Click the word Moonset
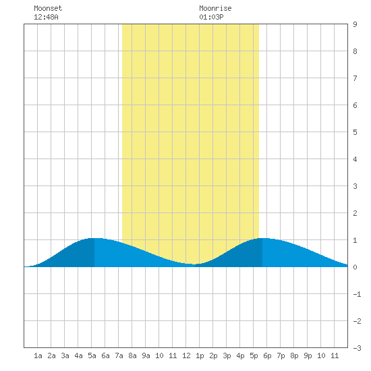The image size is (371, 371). (x=48, y=8)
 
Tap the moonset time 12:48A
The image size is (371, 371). (x=46, y=17)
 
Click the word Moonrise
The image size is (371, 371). (x=215, y=8)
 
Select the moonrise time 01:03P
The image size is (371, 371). (x=211, y=17)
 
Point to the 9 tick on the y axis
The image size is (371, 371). (x=355, y=24)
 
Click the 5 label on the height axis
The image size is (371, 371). (x=355, y=132)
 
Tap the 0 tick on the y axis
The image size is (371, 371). (x=355, y=267)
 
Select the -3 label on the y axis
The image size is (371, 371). (x=357, y=348)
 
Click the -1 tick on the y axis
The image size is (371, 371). (x=357, y=294)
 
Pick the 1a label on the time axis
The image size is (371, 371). (x=38, y=355)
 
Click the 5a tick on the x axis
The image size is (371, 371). (x=92, y=355)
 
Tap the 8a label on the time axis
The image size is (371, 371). (x=132, y=355)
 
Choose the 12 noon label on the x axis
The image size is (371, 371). (x=186, y=355)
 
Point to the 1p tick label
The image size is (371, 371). (x=200, y=355)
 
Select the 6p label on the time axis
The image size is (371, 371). (x=267, y=355)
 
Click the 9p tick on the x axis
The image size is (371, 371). (x=308, y=355)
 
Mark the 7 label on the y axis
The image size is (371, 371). (x=355, y=78)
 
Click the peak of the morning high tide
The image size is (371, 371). (x=94, y=238)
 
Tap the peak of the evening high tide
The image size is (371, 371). (x=262, y=238)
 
